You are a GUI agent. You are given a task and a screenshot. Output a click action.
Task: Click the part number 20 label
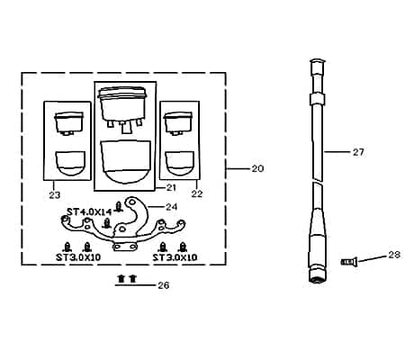tap(257, 168)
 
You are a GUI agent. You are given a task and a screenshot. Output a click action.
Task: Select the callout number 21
tap(171, 188)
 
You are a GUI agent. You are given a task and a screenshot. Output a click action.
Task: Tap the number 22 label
tap(197, 193)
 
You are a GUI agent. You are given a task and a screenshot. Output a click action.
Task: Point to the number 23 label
tap(55, 195)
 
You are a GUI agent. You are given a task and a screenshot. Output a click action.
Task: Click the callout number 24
tap(172, 207)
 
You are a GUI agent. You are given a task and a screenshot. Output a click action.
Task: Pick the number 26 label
tap(164, 285)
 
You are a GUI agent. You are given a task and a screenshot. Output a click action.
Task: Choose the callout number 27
tap(358, 152)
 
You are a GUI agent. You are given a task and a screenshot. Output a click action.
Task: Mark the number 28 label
tap(394, 255)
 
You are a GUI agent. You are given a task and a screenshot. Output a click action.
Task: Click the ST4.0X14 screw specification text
tap(89, 212)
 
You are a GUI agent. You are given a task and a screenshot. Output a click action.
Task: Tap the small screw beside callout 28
tap(349, 262)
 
